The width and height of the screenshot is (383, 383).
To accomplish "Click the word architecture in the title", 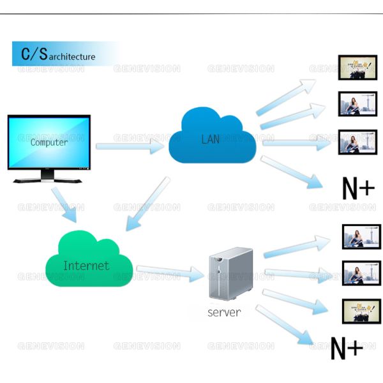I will pyautogui.click(x=72, y=57).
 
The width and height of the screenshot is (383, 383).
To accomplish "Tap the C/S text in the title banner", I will pyautogui.click(x=34, y=54).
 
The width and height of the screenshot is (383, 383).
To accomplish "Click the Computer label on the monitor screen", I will pyautogui.click(x=49, y=142).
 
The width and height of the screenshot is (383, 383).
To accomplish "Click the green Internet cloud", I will pyautogui.click(x=87, y=261).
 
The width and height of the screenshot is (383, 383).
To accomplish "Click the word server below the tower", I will pyautogui.click(x=224, y=313).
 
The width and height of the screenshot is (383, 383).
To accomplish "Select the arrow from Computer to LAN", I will pyautogui.click(x=130, y=146).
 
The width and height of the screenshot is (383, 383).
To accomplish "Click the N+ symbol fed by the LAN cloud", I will pyautogui.click(x=358, y=188).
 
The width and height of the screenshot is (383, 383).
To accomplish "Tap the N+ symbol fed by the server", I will pyautogui.click(x=347, y=349).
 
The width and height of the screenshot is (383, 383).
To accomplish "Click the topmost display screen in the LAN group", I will pyautogui.click(x=357, y=68).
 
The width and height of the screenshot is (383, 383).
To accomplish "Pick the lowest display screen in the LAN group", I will pyautogui.click(x=357, y=141).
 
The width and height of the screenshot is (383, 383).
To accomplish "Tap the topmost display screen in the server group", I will pyautogui.click(x=361, y=236).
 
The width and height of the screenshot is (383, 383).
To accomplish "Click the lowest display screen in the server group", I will pyautogui.click(x=361, y=311).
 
